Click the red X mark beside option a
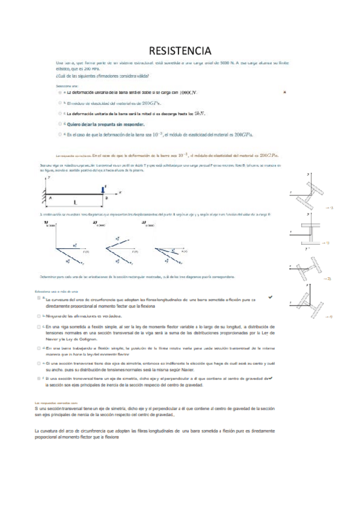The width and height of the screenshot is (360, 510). click(284, 92)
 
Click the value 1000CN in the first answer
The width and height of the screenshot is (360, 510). click(188, 93)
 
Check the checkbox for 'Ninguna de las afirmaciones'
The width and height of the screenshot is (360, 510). click(38, 315)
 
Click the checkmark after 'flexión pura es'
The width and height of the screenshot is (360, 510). click(270, 298)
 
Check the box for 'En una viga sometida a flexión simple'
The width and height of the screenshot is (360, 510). click(38, 326)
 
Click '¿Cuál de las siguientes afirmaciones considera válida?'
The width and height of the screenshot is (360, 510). click(103, 76)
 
